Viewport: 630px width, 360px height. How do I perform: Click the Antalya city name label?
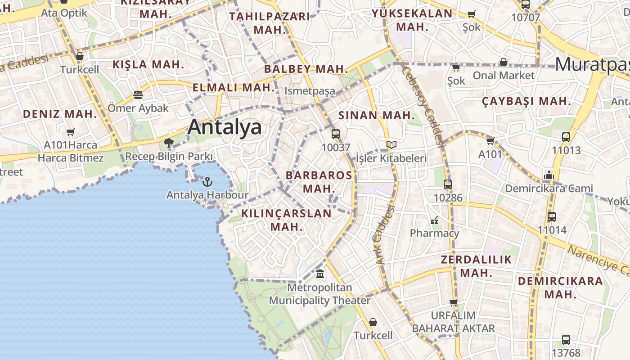click(x=225, y=127)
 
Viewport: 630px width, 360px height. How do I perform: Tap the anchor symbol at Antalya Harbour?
click(x=207, y=182)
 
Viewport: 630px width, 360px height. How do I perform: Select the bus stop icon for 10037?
click(x=336, y=134)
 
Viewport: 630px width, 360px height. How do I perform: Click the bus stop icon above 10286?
click(x=448, y=184)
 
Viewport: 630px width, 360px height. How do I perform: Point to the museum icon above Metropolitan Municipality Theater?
click(x=320, y=273)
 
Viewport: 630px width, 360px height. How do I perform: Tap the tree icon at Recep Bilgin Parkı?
click(x=169, y=144)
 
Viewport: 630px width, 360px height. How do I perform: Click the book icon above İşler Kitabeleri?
click(x=391, y=145)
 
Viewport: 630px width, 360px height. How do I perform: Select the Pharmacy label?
click(x=434, y=233)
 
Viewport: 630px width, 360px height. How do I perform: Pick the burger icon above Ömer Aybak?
click(x=138, y=95)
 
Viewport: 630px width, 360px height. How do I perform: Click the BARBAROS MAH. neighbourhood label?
click(x=319, y=181)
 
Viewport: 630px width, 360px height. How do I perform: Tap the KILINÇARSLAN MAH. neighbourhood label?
click(x=287, y=220)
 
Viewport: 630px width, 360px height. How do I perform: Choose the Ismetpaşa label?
click(x=310, y=91)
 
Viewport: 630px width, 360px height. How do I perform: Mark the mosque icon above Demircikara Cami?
click(x=549, y=175)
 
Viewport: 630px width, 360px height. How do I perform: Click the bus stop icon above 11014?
click(x=552, y=216)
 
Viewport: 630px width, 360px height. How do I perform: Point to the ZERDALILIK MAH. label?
click(x=476, y=266)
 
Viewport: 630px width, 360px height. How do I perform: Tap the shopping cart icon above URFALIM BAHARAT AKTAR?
click(x=454, y=302)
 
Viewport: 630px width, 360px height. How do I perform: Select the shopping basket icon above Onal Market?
click(x=504, y=62)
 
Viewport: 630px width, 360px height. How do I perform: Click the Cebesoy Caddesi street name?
click(x=423, y=107)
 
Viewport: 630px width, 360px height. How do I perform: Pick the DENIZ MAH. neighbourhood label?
click(x=60, y=114)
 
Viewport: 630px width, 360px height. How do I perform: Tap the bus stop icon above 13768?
click(x=566, y=340)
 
